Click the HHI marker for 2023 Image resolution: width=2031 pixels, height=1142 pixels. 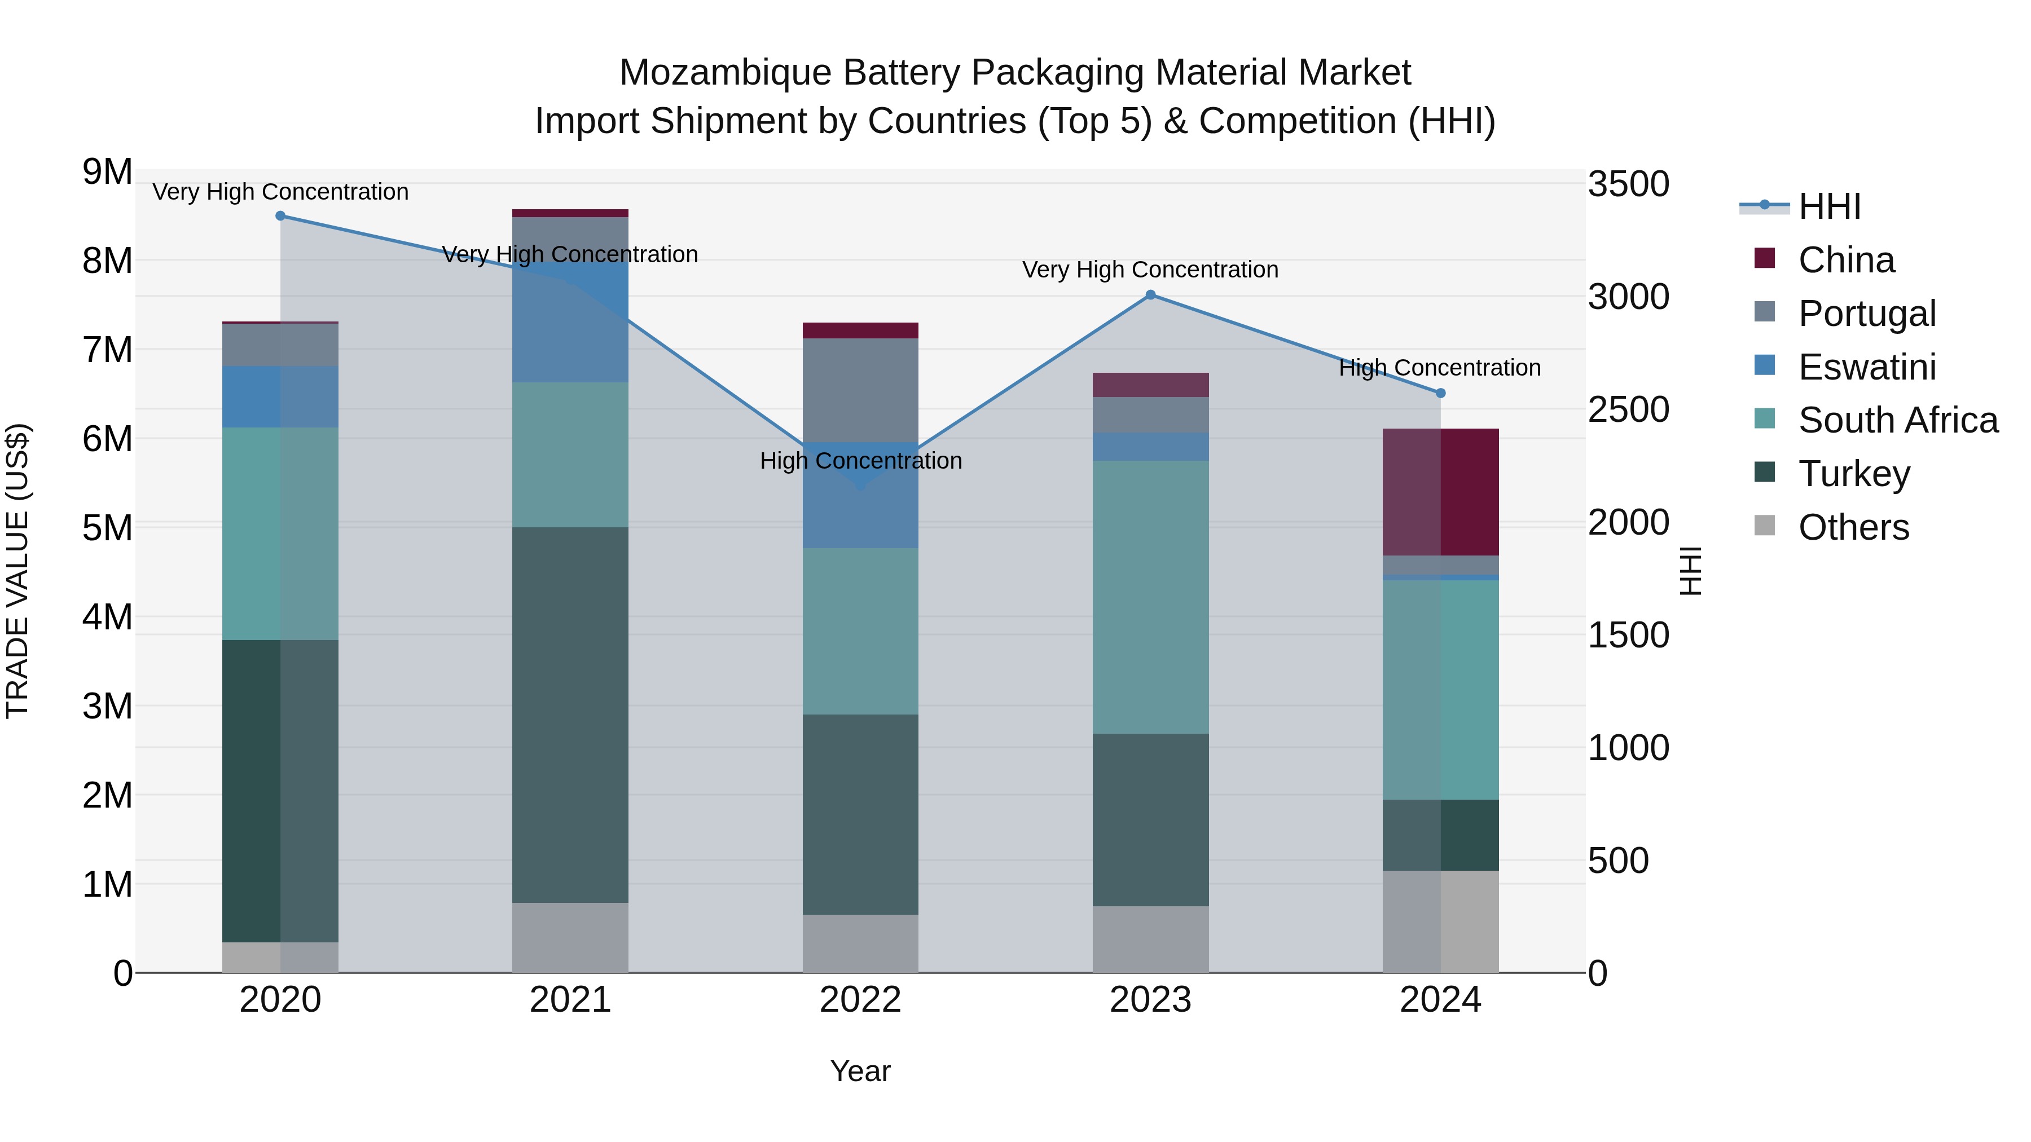pos(1150,295)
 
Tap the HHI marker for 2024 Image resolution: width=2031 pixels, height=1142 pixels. pos(1440,393)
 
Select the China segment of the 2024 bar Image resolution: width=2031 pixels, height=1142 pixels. pos(1440,492)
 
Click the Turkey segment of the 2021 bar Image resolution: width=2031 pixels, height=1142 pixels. pos(570,715)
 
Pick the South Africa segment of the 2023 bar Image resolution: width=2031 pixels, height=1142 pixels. pos(1150,597)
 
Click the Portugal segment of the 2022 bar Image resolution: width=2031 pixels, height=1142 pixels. pos(860,390)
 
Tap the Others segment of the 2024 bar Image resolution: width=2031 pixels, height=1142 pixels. pos(1440,921)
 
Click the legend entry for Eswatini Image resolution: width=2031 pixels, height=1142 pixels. pos(1866,367)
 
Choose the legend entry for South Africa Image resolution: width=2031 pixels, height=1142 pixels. pos(1897,420)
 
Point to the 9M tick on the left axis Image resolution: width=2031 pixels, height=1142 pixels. pos(107,172)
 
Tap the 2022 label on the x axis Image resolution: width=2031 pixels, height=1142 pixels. pos(860,1000)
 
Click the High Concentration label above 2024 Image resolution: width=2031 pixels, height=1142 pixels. pos(1440,368)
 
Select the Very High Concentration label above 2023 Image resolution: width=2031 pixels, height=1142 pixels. pos(1150,270)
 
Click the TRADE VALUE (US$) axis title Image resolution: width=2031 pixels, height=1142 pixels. pos(17,571)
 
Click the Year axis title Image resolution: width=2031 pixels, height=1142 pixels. pos(860,1071)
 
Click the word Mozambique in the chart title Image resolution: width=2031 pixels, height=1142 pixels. pos(726,73)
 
